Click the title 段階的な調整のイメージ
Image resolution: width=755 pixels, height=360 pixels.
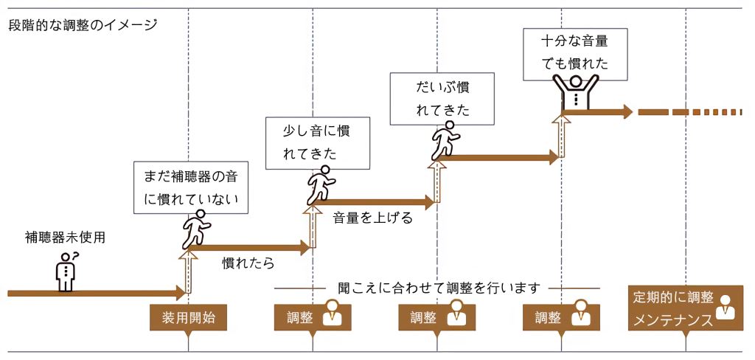pyautogui.click(x=83, y=25)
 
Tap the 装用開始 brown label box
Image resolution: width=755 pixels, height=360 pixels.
pyautogui.click(x=188, y=318)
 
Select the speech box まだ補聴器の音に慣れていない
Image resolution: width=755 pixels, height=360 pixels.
pyautogui.click(x=191, y=187)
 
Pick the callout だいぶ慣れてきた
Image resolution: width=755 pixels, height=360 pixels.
pyautogui.click(x=442, y=99)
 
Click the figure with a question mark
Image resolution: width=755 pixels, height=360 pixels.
pyautogui.click(x=66, y=271)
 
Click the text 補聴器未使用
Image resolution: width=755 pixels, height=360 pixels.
pyautogui.click(x=65, y=238)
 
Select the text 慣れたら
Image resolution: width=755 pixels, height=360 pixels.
pyautogui.click(x=248, y=263)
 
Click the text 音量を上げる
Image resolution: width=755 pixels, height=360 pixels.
pyautogui.click(x=373, y=218)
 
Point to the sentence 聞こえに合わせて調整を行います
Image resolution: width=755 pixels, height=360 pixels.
pyautogui.click(x=439, y=288)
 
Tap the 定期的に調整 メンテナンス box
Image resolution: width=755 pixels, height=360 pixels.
pyautogui.click(x=685, y=308)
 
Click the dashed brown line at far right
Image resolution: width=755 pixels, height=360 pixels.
pyautogui.click(x=690, y=112)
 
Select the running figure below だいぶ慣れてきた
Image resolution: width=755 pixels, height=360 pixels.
pyautogui.click(x=444, y=140)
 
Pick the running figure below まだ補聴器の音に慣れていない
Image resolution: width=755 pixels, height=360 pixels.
pyautogui.click(x=195, y=229)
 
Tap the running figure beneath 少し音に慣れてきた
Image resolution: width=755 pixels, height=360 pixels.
pyautogui.click(x=321, y=185)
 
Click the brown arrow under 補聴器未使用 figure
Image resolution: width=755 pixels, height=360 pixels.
pyautogui.click(x=97, y=293)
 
